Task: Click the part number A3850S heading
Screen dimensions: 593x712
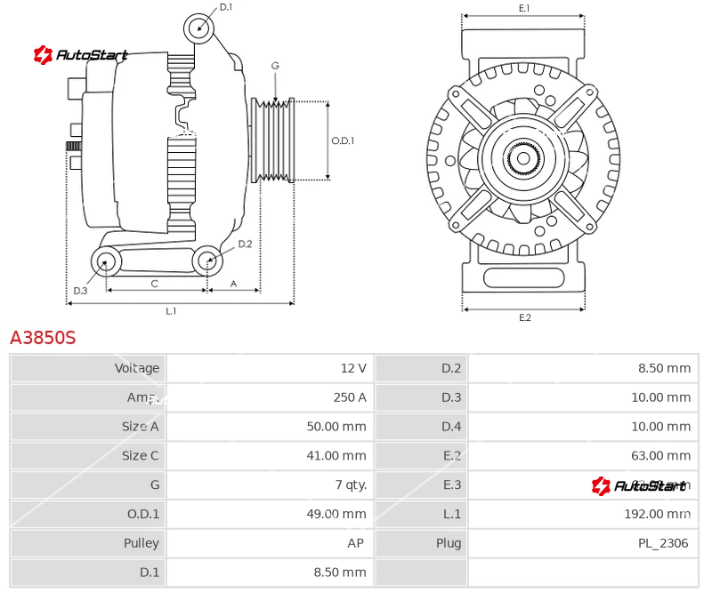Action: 43,338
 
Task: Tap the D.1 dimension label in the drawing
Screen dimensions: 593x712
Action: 225,7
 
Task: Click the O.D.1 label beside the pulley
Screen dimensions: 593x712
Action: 343,140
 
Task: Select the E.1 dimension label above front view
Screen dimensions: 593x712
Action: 524,8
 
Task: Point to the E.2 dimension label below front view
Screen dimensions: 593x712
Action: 524,317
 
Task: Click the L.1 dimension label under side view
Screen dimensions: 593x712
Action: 171,310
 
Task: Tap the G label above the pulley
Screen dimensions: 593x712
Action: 275,66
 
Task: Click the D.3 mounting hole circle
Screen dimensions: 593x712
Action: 107,261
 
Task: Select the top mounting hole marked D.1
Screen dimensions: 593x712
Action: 199,28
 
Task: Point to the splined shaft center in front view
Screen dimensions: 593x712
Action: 523,159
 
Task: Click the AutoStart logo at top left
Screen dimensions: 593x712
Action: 81,55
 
